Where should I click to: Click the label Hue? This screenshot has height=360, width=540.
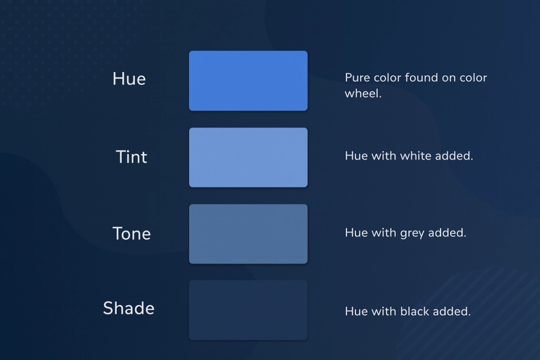129,79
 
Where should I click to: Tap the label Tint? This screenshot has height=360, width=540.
131,157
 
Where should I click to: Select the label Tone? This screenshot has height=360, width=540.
131,233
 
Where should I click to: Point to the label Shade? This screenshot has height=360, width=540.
128,308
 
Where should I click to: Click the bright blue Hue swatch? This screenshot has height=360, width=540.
248,80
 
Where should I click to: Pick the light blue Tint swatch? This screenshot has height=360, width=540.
248,157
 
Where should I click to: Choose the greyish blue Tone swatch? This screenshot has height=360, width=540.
248,233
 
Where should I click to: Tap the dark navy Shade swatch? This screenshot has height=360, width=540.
248,310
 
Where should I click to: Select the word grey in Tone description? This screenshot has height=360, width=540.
413,233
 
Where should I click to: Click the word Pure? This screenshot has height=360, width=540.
357,78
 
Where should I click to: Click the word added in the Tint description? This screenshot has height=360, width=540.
454,156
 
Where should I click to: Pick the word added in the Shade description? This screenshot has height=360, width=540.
452,311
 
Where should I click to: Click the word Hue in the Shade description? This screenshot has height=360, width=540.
356,311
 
